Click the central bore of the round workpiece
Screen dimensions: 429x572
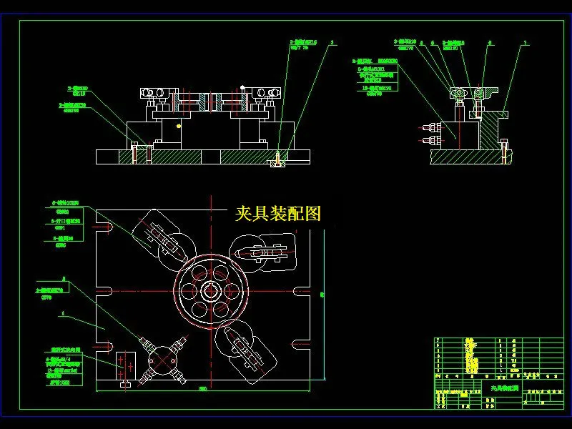point(212,292)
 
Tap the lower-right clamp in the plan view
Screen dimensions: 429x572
point(245,350)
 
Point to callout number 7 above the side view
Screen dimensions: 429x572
point(526,43)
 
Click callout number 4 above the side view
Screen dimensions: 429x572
point(423,43)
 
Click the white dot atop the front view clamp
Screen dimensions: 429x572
point(243,88)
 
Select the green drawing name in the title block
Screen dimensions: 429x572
point(500,388)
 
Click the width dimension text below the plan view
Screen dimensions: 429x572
point(203,389)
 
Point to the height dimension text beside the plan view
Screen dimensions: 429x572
point(322,294)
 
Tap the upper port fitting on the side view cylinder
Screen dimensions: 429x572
point(428,129)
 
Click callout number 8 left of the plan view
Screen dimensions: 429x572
point(64,279)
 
